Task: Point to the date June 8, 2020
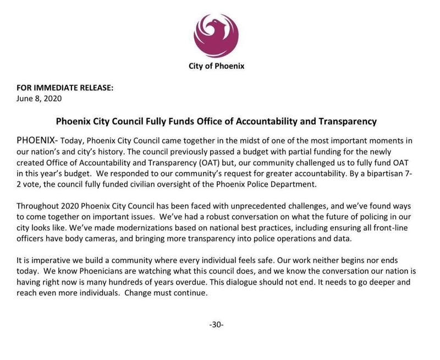click(x=37, y=99)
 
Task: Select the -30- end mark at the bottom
click(x=216, y=324)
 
